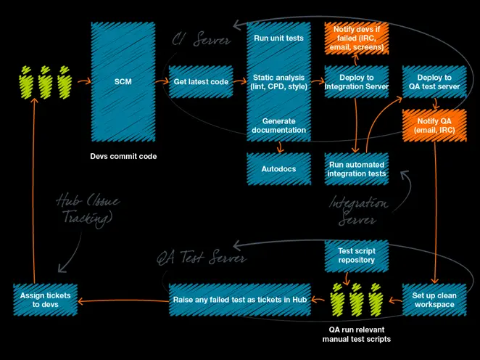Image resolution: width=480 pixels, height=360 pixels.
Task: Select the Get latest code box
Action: [201, 82]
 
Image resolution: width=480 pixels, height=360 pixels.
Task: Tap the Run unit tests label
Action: [278, 38]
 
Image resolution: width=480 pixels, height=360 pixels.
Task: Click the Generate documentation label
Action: [278, 125]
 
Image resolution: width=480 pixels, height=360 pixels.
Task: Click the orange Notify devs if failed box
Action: [356, 38]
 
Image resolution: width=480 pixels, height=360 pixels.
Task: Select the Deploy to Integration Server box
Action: [356, 82]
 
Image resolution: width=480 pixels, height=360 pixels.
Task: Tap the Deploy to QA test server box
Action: [434, 82]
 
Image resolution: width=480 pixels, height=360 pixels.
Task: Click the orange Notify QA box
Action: [434, 125]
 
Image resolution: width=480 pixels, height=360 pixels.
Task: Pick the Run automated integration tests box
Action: [356, 168]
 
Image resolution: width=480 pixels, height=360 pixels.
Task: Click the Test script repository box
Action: [356, 255]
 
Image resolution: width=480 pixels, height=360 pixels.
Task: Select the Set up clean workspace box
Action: [434, 300]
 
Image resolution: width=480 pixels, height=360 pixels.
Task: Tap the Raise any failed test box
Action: [240, 300]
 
